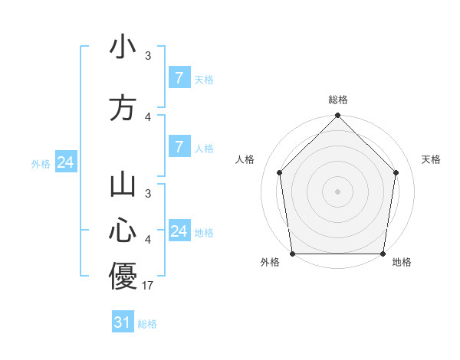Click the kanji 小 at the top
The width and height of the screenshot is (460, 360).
click(123, 48)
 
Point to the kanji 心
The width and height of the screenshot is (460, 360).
click(123, 230)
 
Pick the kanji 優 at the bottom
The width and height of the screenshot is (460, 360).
click(123, 276)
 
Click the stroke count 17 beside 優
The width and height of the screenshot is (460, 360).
click(149, 286)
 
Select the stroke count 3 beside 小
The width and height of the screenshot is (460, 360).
click(148, 55)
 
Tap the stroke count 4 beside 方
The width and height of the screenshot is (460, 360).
click(148, 116)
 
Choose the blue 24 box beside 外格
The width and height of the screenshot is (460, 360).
click(65, 162)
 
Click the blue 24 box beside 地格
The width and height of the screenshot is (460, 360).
click(179, 231)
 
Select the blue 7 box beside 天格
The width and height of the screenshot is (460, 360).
click(179, 78)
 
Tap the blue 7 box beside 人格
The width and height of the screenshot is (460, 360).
click(179, 147)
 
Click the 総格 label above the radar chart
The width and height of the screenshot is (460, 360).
click(337, 100)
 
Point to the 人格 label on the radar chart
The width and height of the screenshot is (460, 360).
click(245, 159)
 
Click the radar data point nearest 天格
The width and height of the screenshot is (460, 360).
click(396, 172)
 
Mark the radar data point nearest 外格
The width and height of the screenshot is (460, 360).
click(292, 254)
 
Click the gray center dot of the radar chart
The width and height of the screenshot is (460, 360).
click(337, 191)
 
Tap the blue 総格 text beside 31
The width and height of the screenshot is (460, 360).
click(147, 324)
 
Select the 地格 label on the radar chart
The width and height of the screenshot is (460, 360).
click(402, 263)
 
